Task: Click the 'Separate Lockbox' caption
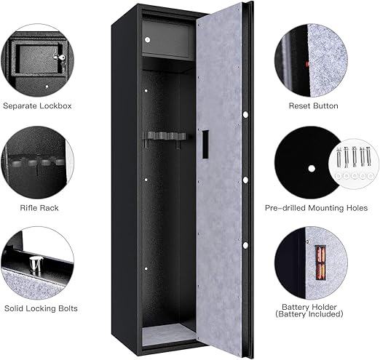[x=37, y=106]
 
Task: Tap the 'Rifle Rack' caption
[x=39, y=208]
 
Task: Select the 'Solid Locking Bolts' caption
[x=41, y=308]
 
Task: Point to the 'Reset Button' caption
[x=313, y=106]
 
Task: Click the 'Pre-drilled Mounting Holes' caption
[x=316, y=208]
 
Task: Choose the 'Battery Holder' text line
[x=309, y=307]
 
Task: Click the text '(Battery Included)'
[x=309, y=314]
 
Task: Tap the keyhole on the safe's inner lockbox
[x=147, y=40]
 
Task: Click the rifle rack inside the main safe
[x=165, y=139]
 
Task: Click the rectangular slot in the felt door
[x=205, y=144]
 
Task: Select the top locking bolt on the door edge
[x=245, y=114]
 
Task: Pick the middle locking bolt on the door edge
[x=245, y=180]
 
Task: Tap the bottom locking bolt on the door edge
[x=245, y=245]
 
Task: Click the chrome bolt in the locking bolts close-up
[x=36, y=265]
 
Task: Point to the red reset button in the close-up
[x=308, y=64]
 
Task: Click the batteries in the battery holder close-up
[x=320, y=263]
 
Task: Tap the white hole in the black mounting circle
[x=312, y=169]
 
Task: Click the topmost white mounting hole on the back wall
[x=146, y=91]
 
